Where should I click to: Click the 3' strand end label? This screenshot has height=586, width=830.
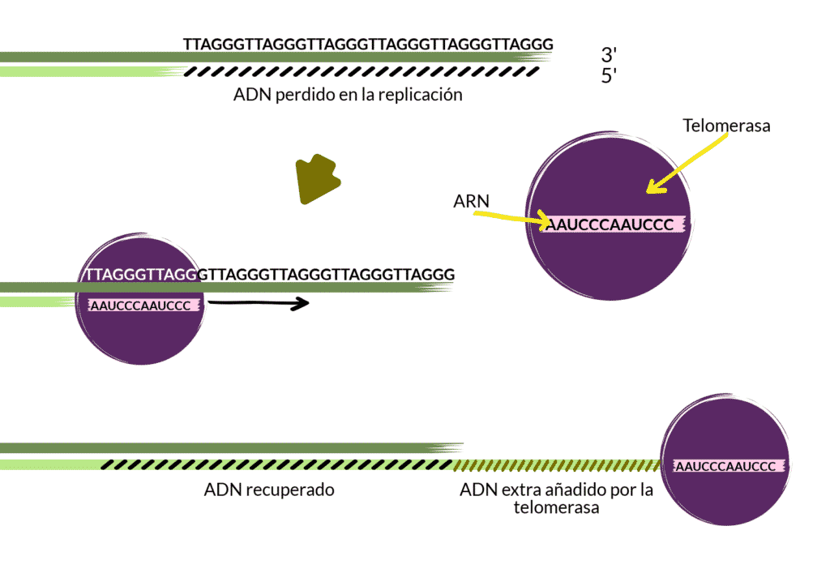click(x=610, y=55)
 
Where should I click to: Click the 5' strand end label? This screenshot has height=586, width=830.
click(x=610, y=78)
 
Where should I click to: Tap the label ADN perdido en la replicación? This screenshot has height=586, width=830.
click(x=348, y=95)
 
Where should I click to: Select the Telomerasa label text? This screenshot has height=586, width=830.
click(x=726, y=126)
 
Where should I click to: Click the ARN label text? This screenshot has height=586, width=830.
click(x=471, y=200)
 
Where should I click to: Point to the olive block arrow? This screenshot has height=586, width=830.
click(x=317, y=179)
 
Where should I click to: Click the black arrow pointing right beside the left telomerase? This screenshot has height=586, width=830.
click(x=259, y=304)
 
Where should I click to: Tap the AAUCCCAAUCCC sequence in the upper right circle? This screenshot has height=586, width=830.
click(x=609, y=225)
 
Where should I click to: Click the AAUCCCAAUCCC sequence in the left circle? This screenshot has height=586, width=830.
click(x=140, y=306)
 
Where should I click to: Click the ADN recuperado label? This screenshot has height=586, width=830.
click(x=269, y=490)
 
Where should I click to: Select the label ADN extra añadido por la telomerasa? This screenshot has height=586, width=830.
click(x=556, y=498)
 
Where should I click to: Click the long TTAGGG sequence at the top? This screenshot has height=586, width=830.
click(x=368, y=44)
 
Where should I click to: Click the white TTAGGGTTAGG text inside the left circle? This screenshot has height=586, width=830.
click(x=141, y=275)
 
